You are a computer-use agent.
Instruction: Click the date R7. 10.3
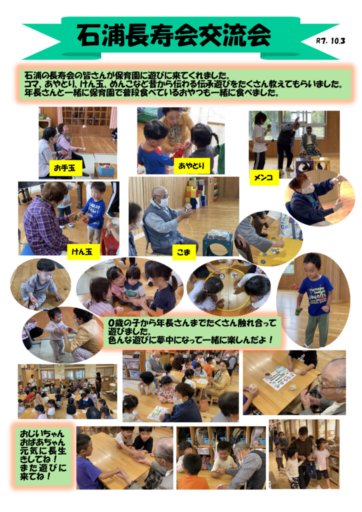click(x=330, y=41)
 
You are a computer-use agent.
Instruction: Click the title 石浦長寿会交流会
click(x=174, y=35)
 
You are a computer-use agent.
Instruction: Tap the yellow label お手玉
click(x=65, y=168)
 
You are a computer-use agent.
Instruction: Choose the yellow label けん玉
click(x=83, y=251)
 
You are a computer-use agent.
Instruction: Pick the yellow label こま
click(x=184, y=252)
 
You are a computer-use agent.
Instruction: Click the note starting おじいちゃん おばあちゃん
click(x=42, y=456)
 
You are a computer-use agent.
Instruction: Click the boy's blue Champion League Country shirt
click(x=315, y=294)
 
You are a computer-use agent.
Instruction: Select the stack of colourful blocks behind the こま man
click(x=195, y=192)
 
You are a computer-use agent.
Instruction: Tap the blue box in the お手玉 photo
click(x=106, y=170)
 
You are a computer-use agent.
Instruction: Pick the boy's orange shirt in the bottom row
click(x=193, y=482)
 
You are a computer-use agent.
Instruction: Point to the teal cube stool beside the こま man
click(x=218, y=244)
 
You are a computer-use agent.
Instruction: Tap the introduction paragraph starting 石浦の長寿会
click(x=184, y=84)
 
